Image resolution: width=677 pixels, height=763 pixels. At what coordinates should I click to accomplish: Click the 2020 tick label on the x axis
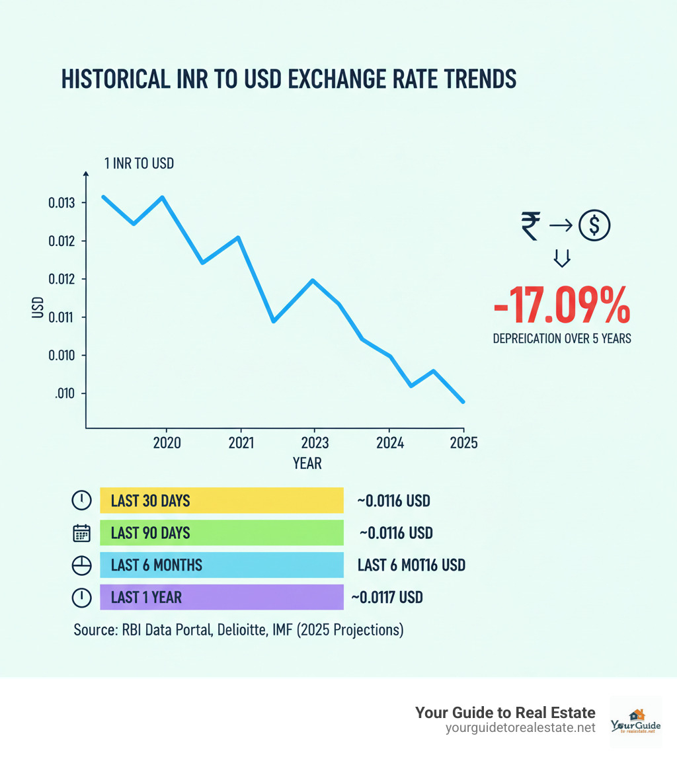(x=166, y=442)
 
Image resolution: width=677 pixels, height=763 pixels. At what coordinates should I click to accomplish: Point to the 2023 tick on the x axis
(x=313, y=442)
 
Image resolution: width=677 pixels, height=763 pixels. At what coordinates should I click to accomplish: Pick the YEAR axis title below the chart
(x=307, y=463)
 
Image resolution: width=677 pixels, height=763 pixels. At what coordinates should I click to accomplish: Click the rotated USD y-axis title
(x=38, y=308)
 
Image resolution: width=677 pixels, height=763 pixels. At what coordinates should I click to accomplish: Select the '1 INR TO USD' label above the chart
(x=139, y=163)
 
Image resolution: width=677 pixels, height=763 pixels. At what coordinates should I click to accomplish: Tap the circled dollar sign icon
(x=594, y=226)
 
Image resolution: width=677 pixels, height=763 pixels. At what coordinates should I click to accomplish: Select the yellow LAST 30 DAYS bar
(x=221, y=501)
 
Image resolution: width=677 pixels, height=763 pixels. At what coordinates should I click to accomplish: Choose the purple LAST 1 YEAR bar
(x=221, y=597)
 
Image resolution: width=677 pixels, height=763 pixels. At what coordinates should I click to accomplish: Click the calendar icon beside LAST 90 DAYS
(x=81, y=533)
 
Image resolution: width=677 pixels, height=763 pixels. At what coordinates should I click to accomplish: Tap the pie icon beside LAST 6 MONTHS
(x=81, y=565)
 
